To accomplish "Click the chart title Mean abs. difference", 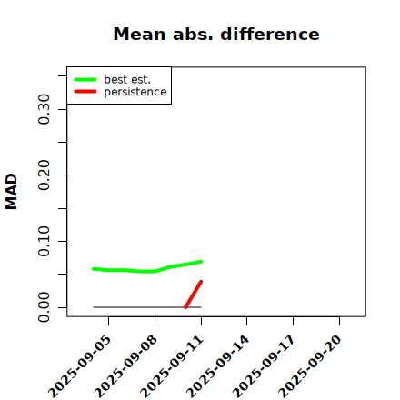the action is click(x=216, y=34).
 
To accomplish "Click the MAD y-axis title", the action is click(x=12, y=192).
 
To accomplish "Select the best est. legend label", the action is click(x=127, y=79).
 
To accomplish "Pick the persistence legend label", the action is click(x=135, y=92).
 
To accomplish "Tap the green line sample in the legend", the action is click(x=85, y=79).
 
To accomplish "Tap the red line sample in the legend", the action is click(x=85, y=92).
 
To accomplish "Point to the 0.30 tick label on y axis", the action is click(x=44, y=109).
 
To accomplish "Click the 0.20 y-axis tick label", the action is click(x=44, y=175).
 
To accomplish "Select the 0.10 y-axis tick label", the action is click(x=44, y=241).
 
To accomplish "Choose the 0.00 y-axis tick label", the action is click(x=44, y=307).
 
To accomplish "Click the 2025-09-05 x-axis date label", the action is click(x=80, y=366).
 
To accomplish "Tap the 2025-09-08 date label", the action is click(x=125, y=366).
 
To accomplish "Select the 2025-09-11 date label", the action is click(x=172, y=366).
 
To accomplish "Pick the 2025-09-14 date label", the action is click(x=218, y=366).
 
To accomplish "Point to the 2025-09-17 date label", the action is click(x=264, y=366).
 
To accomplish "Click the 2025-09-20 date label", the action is click(x=310, y=366).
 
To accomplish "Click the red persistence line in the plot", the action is click(x=194, y=295).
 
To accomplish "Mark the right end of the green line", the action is click(x=201, y=262).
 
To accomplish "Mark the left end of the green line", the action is click(x=94, y=269).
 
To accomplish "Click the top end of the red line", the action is click(x=201, y=282).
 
